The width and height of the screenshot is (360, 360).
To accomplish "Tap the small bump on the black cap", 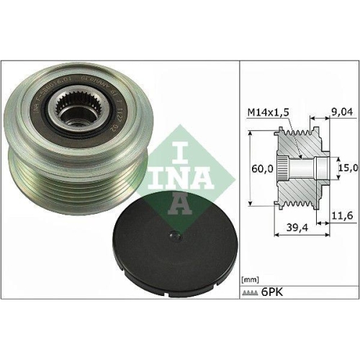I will tap(174, 235).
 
